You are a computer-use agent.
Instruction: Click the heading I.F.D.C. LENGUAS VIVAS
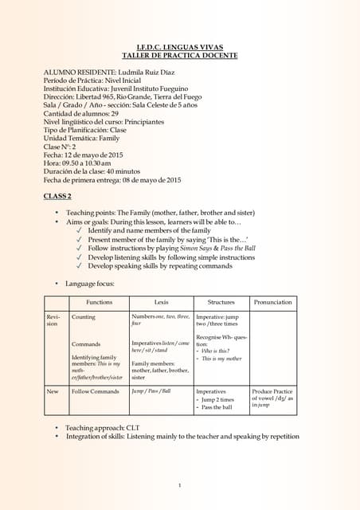(179, 47)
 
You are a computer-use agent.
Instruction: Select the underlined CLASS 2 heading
(57, 196)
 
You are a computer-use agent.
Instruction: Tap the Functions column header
(100, 302)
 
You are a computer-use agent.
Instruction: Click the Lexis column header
(161, 302)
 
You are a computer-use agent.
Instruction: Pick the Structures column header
(221, 302)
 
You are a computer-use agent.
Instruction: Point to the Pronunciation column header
(272, 302)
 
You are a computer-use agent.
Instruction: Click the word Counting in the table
(84, 316)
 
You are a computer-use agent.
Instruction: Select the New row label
(53, 392)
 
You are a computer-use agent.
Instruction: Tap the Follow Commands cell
(95, 392)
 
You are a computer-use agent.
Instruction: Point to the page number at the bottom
(180, 485)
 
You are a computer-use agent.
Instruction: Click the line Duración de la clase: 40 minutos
(92, 171)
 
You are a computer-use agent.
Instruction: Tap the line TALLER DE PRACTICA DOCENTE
(179, 55)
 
